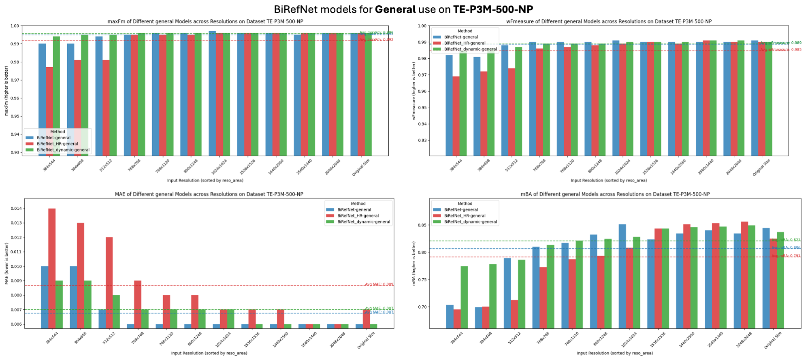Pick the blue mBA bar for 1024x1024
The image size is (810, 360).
[622, 276]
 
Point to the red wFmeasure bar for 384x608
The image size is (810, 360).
[484, 113]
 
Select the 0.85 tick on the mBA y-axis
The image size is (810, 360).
[422, 225]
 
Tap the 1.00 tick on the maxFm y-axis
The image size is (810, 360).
[15, 26]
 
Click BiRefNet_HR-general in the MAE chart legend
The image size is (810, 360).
[358, 216]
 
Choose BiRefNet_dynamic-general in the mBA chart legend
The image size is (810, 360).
[470, 222]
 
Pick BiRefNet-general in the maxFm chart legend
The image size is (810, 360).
[53, 138]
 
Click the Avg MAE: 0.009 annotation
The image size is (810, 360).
[379, 284]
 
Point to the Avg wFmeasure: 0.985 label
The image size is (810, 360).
[780, 49]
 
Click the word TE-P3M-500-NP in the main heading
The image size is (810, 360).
[493, 9]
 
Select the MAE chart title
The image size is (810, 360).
[209, 194]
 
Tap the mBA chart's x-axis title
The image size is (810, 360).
[615, 353]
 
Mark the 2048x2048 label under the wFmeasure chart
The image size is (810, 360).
[733, 167]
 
